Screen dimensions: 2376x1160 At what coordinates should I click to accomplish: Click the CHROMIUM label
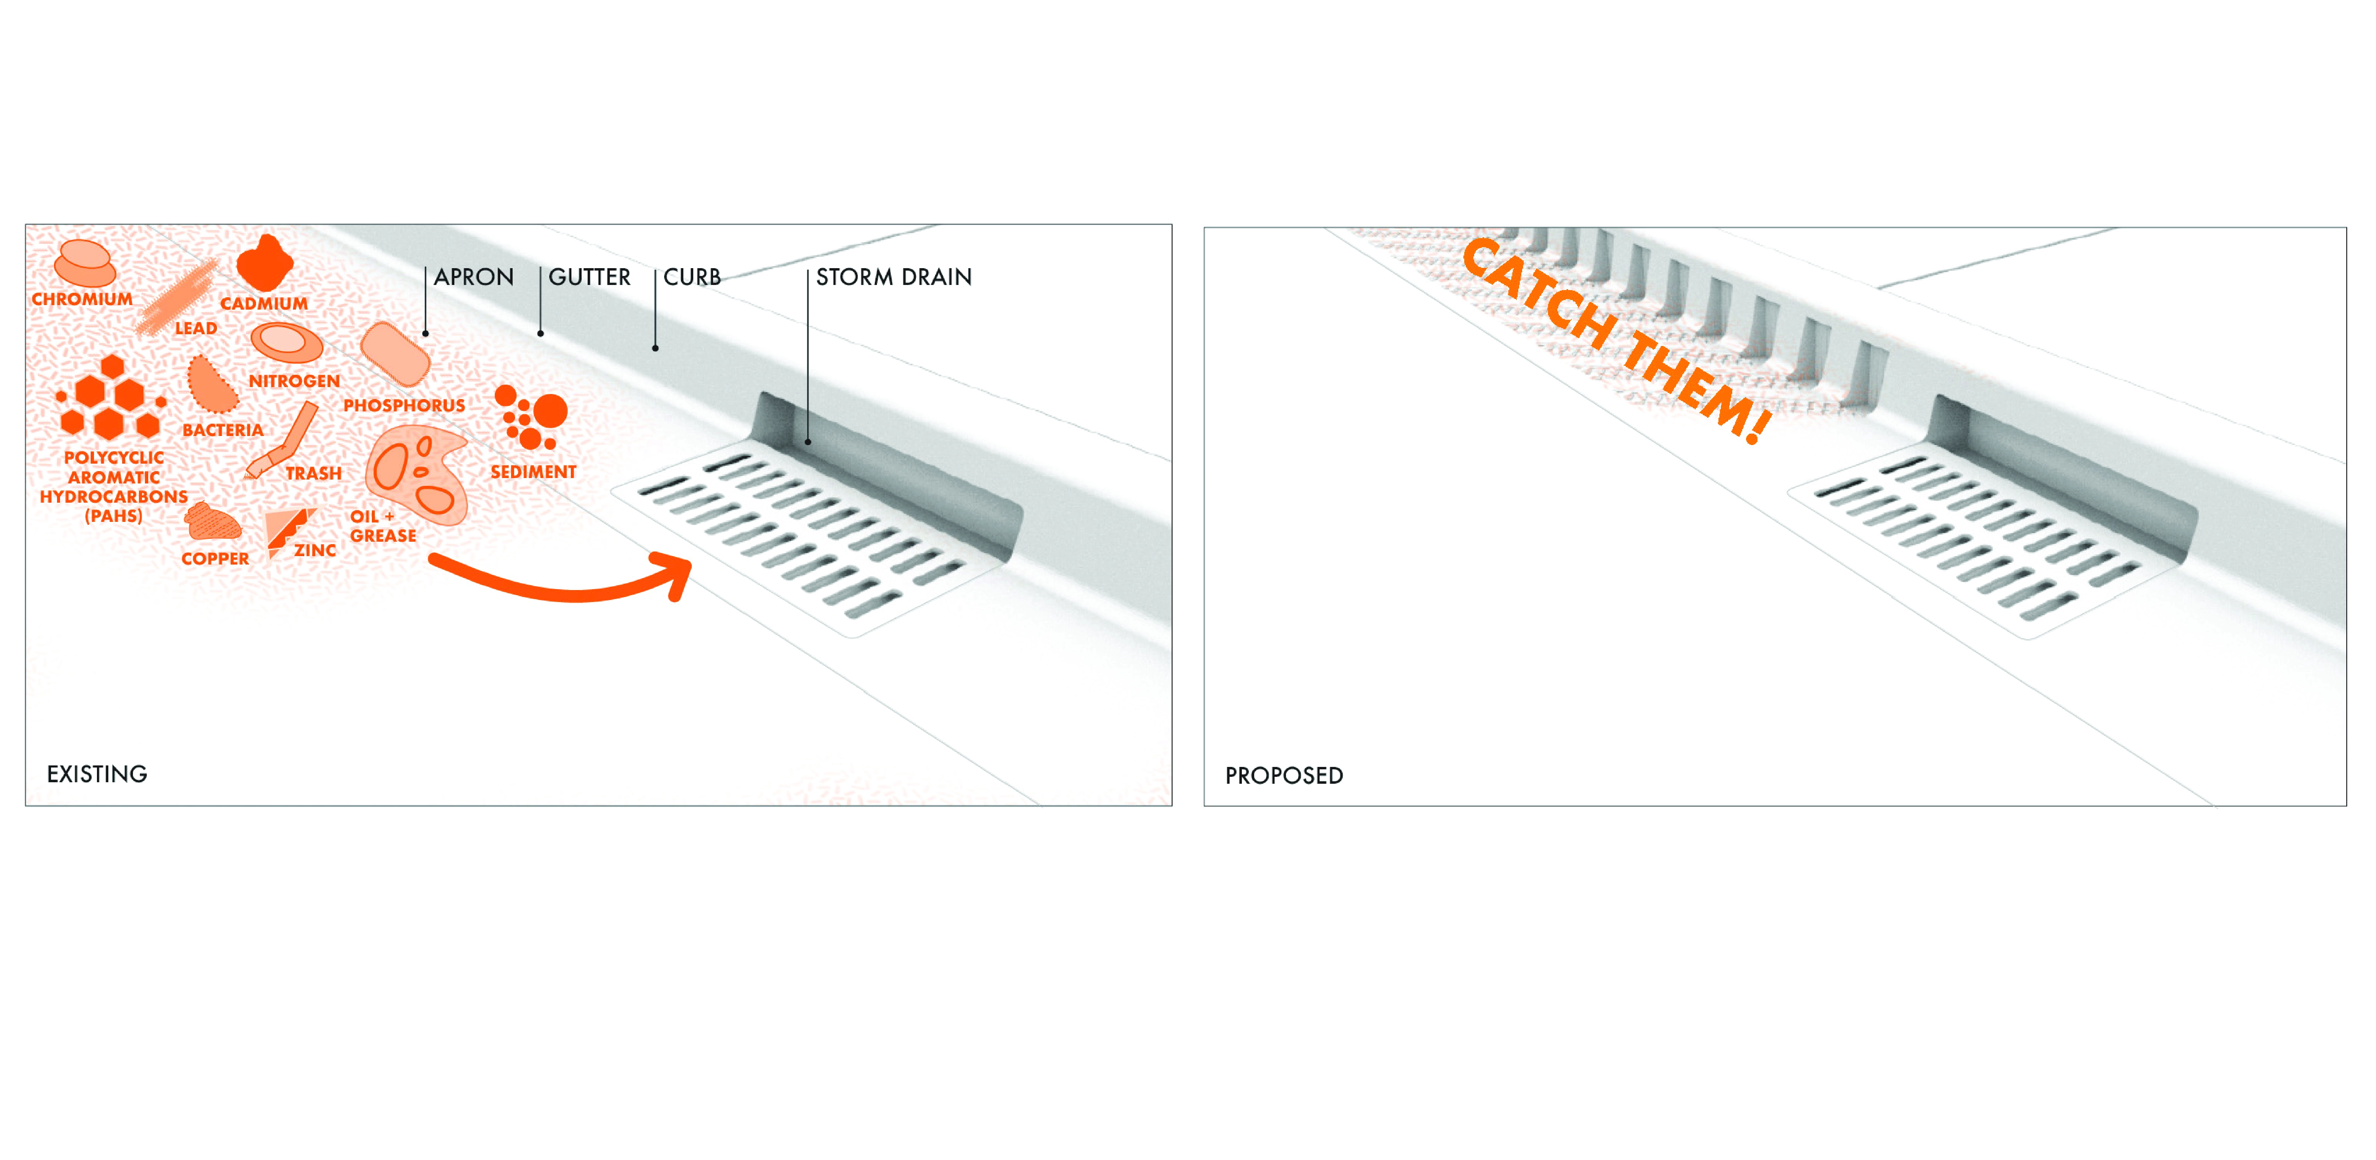coord(82,299)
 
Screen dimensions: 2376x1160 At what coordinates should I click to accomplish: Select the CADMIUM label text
coord(264,304)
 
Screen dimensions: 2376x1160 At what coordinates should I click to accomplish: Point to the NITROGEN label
coord(294,381)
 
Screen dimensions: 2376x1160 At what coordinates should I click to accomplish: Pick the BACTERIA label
coord(223,430)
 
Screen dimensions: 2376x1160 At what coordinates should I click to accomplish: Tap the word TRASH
coord(314,474)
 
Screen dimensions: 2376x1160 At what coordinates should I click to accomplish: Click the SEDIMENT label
coord(533,471)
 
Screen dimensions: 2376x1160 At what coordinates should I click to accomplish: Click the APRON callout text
coord(474,277)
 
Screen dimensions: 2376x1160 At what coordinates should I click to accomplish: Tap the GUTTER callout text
coord(589,277)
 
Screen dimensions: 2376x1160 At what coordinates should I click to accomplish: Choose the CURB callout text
coord(692,277)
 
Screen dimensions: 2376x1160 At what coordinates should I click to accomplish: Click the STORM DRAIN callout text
coord(894,277)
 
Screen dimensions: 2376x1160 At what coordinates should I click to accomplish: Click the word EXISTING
coord(97,774)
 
